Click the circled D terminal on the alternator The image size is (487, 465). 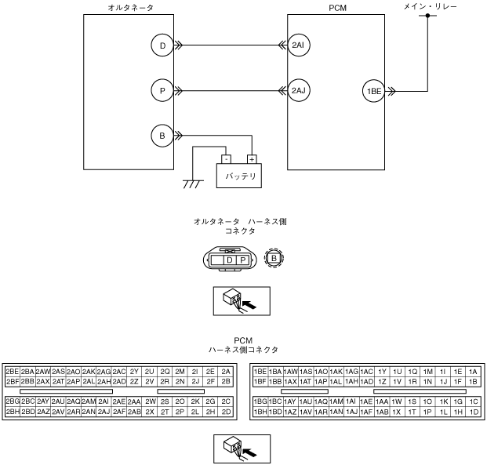click(162, 46)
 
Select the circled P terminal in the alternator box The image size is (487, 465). click(162, 91)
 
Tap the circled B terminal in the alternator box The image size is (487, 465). click(162, 136)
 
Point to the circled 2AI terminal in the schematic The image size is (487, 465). click(298, 46)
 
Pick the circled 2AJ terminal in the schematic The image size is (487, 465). click(298, 91)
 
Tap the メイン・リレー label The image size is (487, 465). click(428, 5)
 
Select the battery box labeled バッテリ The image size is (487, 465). click(242, 174)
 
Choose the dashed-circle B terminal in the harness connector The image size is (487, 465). click(274, 258)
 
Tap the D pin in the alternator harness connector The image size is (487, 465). click(230, 259)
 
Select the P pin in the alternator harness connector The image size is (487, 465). click(243, 259)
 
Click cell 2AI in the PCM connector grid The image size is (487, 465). click(104, 401)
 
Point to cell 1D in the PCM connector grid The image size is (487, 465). click(473, 412)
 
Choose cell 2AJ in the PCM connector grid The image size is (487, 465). click(104, 412)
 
